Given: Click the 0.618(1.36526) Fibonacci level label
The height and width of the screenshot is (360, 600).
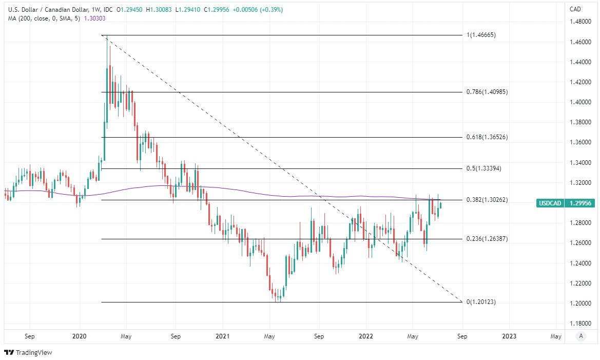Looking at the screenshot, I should (x=487, y=138).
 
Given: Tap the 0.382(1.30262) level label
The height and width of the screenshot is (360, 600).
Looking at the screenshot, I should (x=487, y=200).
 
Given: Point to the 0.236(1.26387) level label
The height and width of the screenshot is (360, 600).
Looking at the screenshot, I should (x=487, y=239).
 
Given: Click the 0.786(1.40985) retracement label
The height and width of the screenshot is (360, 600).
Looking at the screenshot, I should (x=487, y=92).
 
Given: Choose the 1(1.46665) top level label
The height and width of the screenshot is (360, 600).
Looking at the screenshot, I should (x=481, y=35).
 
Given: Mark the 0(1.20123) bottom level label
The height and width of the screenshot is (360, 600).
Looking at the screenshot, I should (x=481, y=302).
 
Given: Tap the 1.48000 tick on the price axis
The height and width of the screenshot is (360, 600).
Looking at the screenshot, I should (x=582, y=22).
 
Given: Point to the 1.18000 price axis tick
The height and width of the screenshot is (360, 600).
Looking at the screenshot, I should (x=582, y=324).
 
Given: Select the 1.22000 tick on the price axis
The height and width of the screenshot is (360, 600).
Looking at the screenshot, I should (x=582, y=283).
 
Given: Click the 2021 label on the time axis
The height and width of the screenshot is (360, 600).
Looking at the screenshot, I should (x=222, y=336).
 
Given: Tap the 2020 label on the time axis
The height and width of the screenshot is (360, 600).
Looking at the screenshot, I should (x=79, y=336).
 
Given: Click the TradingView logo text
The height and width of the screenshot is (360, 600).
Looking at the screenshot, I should (x=34, y=353).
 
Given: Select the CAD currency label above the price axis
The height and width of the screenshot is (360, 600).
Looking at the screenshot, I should (x=576, y=9).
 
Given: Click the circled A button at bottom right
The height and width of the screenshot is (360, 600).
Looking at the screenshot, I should (x=581, y=336).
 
